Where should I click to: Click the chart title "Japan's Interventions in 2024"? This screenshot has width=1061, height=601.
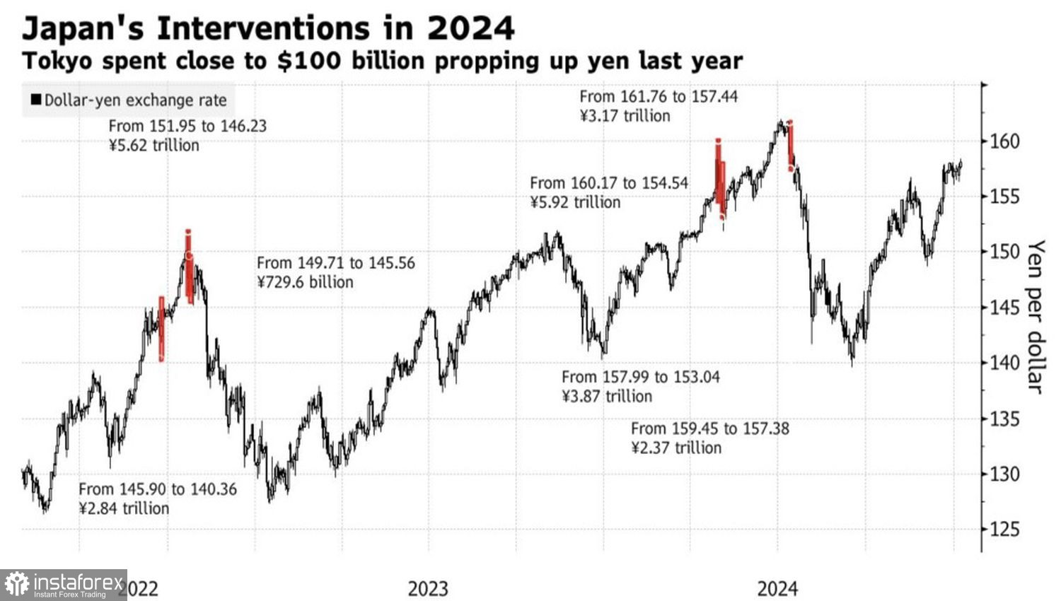pos(268,28)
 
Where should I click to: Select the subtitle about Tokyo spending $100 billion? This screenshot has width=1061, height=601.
pos(382,62)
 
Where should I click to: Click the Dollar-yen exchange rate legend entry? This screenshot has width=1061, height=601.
pos(128,100)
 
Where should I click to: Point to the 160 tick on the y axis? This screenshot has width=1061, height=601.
pos(1004,141)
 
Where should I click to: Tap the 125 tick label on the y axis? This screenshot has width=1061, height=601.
pos(1004,529)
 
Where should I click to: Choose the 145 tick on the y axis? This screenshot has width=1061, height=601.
pos(1004,308)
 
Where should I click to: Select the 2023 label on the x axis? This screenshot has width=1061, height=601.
pos(428,588)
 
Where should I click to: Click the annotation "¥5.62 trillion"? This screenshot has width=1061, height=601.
pos(154,146)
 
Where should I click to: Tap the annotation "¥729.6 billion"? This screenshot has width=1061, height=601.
pos(305,282)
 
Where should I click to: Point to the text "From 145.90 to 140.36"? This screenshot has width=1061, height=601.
pos(158,489)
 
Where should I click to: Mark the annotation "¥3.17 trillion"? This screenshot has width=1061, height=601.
pos(625,116)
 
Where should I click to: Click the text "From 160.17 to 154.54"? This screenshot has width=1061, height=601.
pos(609,183)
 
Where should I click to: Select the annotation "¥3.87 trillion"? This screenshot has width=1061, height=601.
pos(607,396)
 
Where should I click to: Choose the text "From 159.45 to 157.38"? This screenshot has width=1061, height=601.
pos(710,428)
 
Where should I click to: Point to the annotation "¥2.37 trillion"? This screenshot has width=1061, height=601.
pos(676,448)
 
